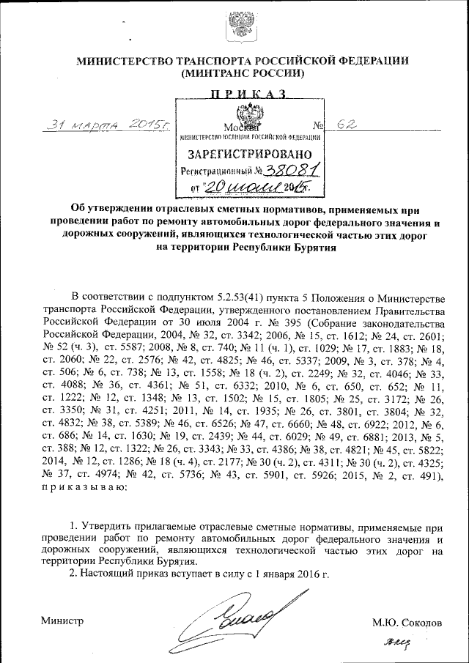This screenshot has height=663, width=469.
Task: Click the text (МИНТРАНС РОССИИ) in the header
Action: pyautogui.click(x=243, y=74)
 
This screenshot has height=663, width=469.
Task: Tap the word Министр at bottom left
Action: pyautogui.click(x=62, y=621)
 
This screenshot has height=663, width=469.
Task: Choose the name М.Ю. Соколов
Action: pyautogui.click(x=407, y=623)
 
